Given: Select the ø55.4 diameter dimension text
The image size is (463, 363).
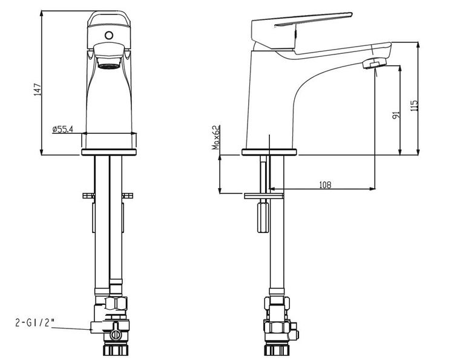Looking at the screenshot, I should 63,129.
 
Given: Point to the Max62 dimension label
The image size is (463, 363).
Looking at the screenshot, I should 215,137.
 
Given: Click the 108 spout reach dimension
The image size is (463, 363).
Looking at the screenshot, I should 324,186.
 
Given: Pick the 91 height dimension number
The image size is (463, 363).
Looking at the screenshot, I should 395,114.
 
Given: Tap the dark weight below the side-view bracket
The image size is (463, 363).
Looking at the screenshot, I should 263,217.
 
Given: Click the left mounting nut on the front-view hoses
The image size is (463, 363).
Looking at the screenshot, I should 87,195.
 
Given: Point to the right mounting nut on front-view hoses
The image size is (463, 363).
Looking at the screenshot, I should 128,195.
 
